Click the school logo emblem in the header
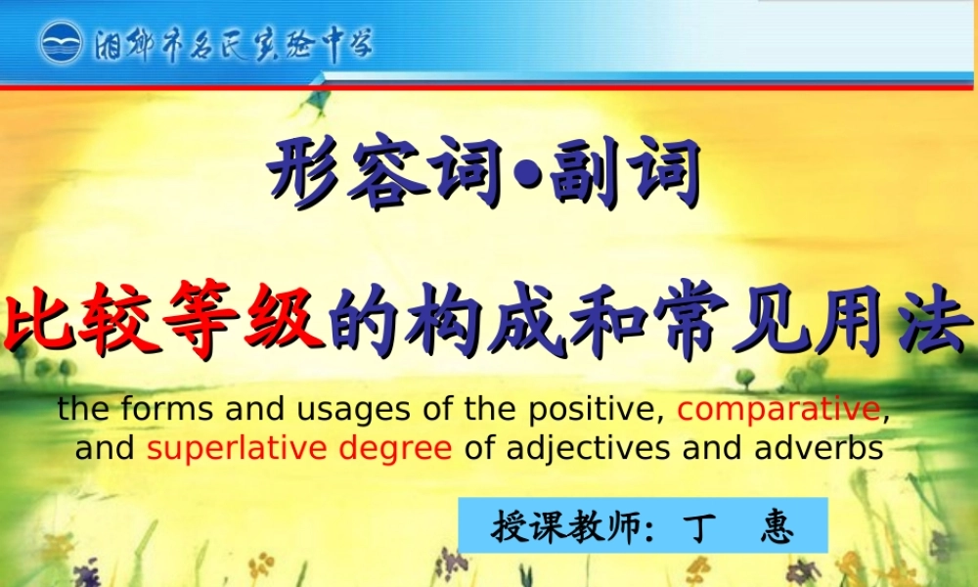pyautogui.click(x=62, y=45)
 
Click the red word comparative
pyautogui.click(x=778, y=408)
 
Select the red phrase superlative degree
pyautogui.click(x=299, y=449)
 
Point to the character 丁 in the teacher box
pyautogui.click(x=697, y=528)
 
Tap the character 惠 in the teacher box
pyautogui.click(x=778, y=528)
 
